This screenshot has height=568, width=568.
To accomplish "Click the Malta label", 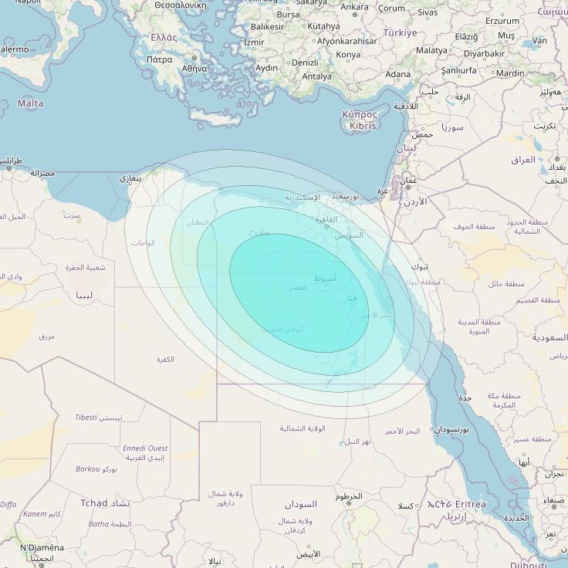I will click(30, 103).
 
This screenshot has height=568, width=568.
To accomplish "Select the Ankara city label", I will click(355, 7).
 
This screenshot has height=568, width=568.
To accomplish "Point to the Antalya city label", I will click(316, 76).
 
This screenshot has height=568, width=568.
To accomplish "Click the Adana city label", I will click(398, 74).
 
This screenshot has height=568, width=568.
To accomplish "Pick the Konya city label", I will click(349, 55).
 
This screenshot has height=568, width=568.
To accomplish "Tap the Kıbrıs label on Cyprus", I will click(363, 125).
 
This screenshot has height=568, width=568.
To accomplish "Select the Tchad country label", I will click(94, 502).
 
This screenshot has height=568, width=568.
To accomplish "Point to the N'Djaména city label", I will click(42, 548).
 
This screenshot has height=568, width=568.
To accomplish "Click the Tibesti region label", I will click(86, 418).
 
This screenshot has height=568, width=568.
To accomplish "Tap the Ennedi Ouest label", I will click(145, 448).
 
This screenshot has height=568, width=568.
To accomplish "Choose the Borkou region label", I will click(87, 468).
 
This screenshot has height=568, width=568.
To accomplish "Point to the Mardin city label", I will click(510, 73).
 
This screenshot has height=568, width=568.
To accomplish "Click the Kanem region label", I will click(35, 514).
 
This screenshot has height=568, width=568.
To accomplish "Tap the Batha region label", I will click(99, 524).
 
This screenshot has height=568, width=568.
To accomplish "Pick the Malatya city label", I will click(431, 50).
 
